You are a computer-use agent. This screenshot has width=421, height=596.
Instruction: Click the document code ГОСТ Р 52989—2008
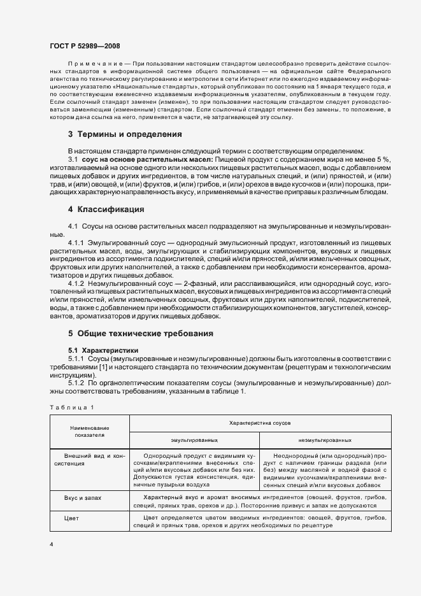point(84,46)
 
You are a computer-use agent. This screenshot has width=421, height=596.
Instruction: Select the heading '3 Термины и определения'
point(125,134)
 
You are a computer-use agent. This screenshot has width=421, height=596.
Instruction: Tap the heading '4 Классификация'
point(105,209)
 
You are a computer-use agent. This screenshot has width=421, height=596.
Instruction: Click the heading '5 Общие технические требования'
point(141,333)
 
